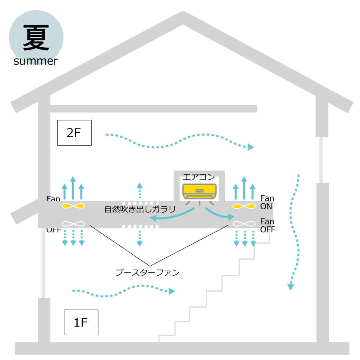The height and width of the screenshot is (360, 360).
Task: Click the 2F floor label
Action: [74, 133]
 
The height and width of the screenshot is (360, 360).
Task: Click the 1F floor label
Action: [81, 322]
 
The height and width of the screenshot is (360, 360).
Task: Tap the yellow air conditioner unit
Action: [199, 191]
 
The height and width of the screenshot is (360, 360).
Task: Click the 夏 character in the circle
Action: [36, 38]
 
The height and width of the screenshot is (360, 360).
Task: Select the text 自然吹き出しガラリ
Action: [140, 209]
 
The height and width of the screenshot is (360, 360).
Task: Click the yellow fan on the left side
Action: [73, 206]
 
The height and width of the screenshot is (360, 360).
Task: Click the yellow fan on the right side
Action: [244, 206]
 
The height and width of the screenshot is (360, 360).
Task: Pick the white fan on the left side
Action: [73, 224]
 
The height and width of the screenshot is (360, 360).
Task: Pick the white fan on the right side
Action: [244, 224]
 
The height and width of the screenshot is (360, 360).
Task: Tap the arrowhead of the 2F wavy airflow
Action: [250, 147]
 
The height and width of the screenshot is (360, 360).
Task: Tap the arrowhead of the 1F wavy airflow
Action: [172, 291]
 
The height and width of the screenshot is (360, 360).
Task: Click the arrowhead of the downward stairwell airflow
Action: [291, 286]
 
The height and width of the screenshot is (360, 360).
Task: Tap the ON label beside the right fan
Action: [266, 207]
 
